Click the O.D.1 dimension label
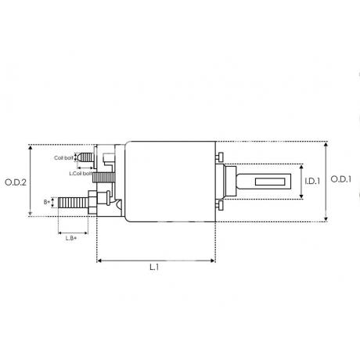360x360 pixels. point(341,179)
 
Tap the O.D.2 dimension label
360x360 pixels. point(16,182)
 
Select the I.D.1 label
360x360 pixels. point(312,181)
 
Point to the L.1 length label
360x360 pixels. point(154,267)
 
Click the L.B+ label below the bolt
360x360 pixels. point(71,238)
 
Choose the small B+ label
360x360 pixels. point(47,202)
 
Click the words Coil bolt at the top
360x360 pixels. point(63,158)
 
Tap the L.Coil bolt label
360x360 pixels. point(81,173)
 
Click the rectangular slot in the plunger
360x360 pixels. point(270,182)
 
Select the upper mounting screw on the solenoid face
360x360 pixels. point(220,157)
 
